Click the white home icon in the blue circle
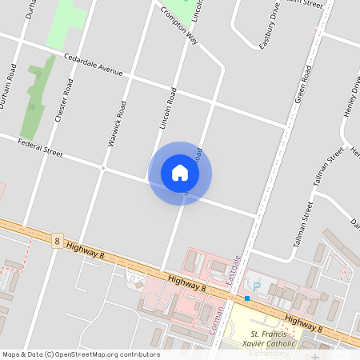(x=180, y=173)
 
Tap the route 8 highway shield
(x=57, y=240)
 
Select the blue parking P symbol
(x=256, y=286)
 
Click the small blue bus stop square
(x=247, y=298)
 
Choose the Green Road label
(x=302, y=85)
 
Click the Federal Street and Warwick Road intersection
(x=103, y=168)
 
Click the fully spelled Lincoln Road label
(x=167, y=109)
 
